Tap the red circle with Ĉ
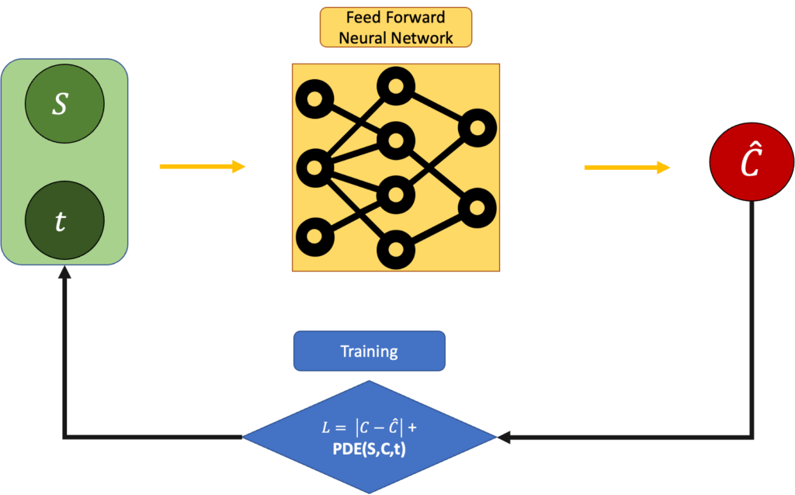(752, 164)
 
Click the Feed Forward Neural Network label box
(395, 26)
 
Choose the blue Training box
(370, 351)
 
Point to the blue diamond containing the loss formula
(370, 437)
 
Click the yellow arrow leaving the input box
(202, 166)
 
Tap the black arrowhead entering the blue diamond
(503, 438)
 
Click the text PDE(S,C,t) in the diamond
(370, 449)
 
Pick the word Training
(370, 351)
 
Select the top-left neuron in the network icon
(315, 99)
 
